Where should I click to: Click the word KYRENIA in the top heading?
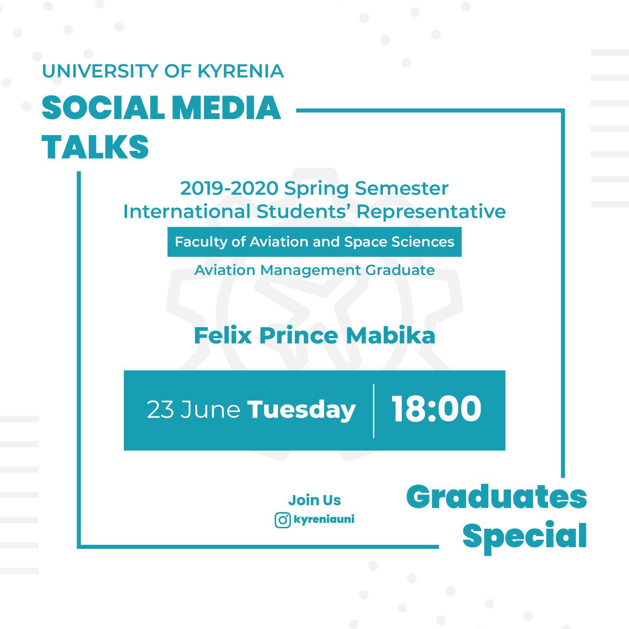coord(241,71)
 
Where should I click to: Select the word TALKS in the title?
coord(95,147)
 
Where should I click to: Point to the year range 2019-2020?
coord(229,188)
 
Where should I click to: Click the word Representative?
coord(431,212)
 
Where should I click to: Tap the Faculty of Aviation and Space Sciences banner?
coord(314,242)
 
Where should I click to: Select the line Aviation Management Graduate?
coord(314,270)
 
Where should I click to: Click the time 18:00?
coord(436,409)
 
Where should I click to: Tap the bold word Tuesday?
coord(301,410)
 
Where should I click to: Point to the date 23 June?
coord(193,410)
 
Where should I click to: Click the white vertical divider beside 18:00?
coord(373,411)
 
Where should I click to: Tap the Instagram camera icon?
coord(283,520)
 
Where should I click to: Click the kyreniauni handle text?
coord(324,520)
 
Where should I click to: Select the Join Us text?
coord(314,500)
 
